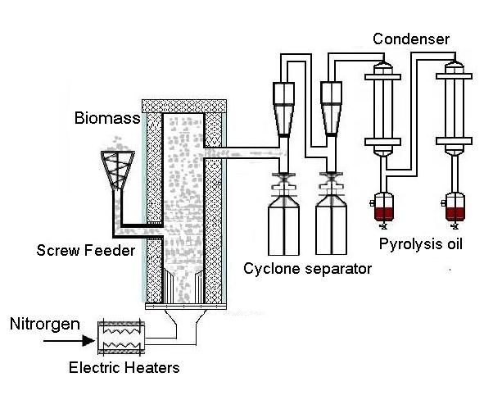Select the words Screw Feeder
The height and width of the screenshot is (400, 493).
pos(84,251)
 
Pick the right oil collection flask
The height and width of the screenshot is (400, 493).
pos(455,210)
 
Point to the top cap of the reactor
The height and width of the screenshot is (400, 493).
pos(183,105)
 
